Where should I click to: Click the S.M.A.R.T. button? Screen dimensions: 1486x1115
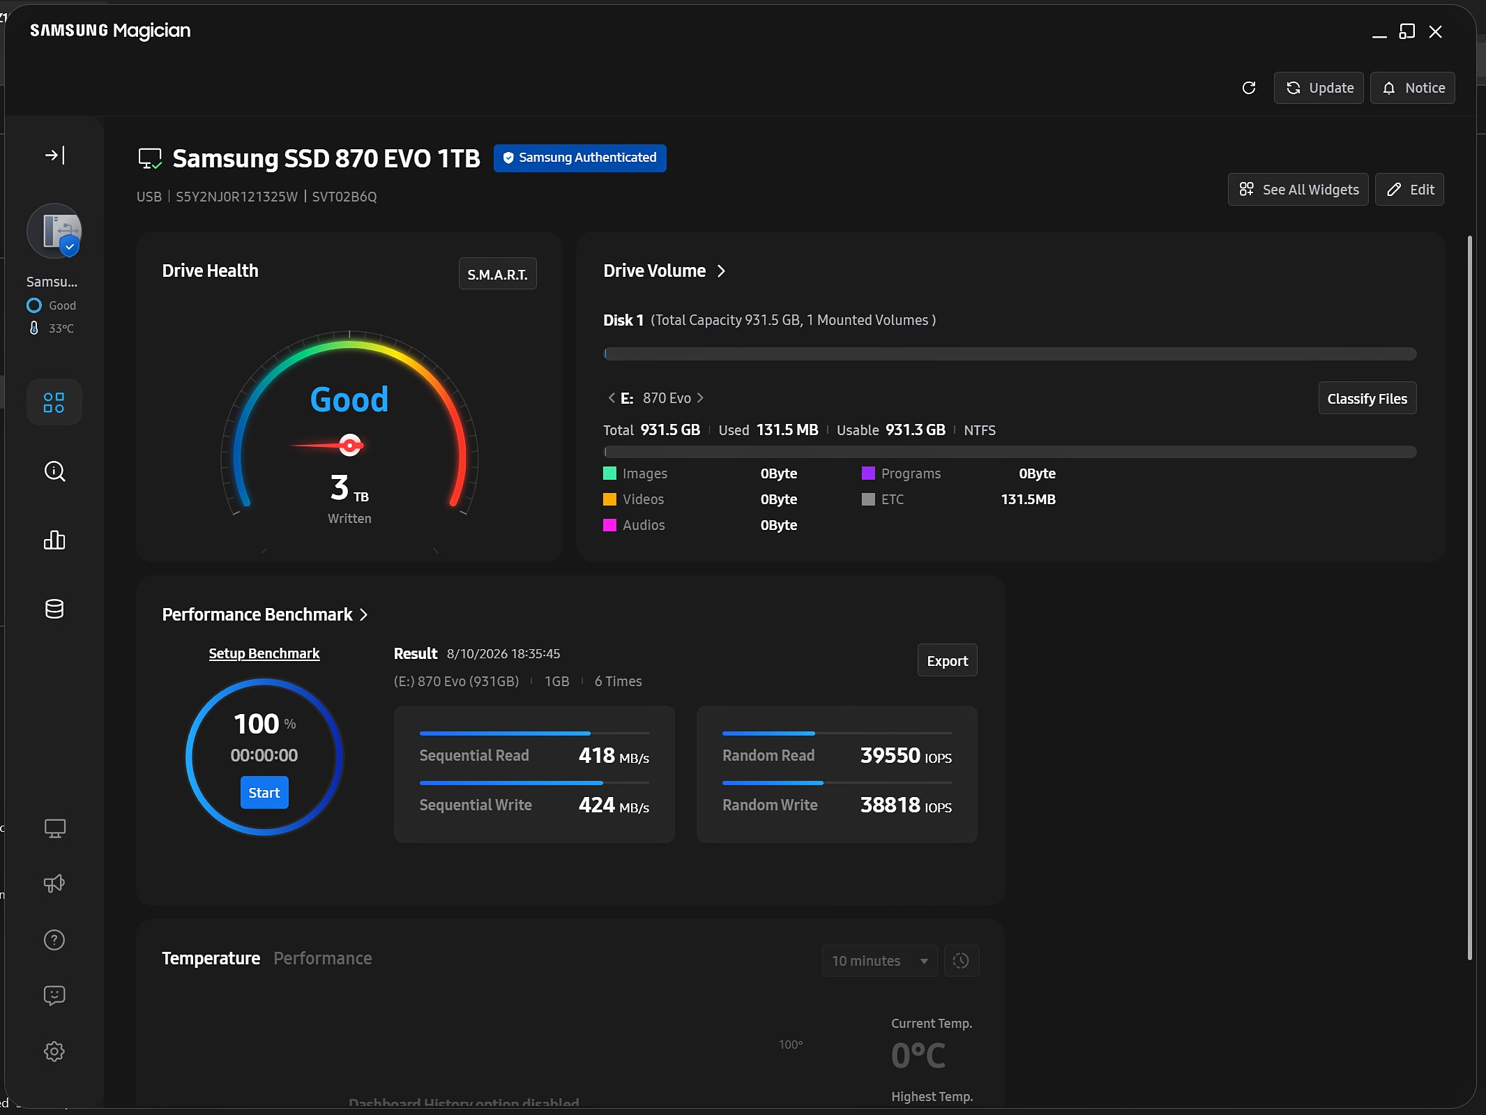497,274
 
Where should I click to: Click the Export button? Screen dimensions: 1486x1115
947,660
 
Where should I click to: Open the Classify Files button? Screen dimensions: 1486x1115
1367,398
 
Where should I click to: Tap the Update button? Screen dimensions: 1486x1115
1319,88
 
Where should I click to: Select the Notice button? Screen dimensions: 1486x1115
1413,88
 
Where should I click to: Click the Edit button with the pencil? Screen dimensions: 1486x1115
1409,190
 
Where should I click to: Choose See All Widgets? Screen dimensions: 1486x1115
1298,190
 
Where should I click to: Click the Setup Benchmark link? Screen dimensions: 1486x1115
264,653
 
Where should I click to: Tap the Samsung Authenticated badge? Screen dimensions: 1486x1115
580,158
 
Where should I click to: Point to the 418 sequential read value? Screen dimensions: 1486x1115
597,755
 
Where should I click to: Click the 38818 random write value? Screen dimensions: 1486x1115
890,805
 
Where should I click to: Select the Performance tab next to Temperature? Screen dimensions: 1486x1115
323,958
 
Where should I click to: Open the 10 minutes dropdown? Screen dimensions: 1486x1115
879,961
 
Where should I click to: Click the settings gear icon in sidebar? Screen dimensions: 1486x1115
54,1052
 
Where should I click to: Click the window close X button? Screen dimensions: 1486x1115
1435,31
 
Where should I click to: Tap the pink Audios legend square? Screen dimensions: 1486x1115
609,525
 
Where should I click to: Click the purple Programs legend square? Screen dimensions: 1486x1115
868,473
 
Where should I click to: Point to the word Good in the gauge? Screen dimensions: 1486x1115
349,400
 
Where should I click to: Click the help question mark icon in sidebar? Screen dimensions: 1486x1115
54,940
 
